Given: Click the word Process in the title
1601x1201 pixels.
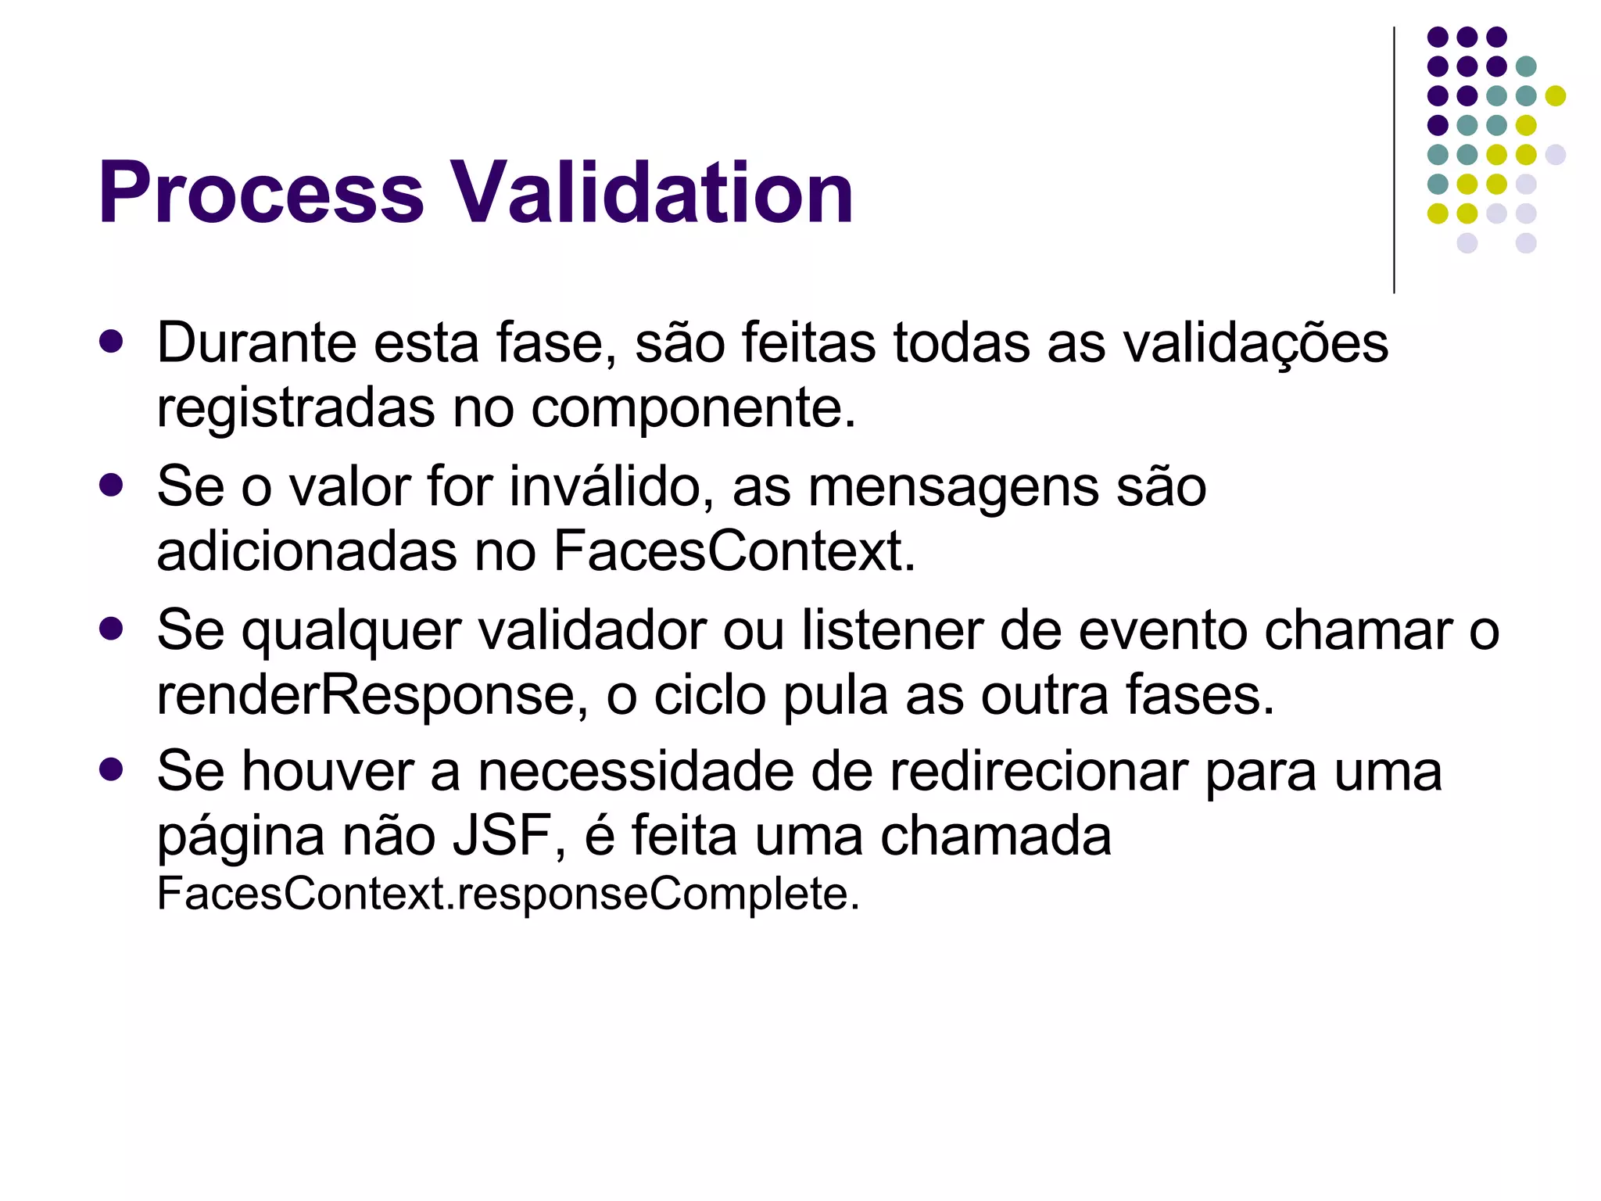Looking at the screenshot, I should click(261, 192).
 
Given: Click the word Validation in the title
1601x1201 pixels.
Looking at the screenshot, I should click(653, 192).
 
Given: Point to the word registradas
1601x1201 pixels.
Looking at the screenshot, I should click(296, 409).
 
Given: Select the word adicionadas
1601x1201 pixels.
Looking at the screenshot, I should click(307, 551).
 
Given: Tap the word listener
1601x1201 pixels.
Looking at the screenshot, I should click(893, 630).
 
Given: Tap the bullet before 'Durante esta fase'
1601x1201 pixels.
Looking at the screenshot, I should click(112, 342).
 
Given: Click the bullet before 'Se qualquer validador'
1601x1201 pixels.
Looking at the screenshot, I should click(112, 629).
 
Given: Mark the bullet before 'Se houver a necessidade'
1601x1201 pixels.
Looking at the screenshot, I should click(112, 769).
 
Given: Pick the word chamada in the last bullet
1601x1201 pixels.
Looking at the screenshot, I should click(996, 836).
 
